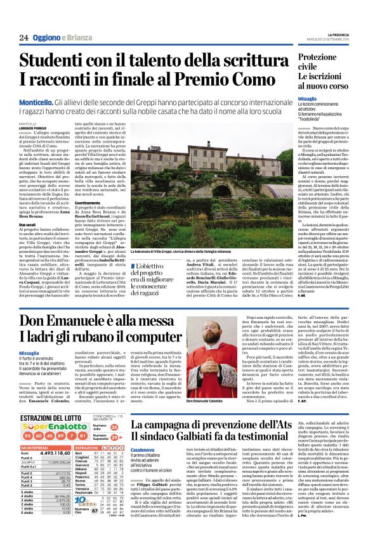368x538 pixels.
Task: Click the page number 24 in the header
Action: point(23,37)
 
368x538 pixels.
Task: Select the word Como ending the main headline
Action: point(256,81)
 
